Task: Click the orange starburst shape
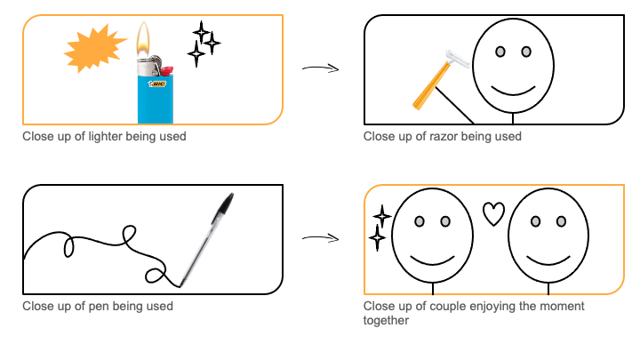point(95,50)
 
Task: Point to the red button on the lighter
point(164,69)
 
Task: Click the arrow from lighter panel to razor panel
point(320,68)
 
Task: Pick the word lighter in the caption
point(95,137)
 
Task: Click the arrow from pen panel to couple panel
point(320,238)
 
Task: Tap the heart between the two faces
point(493,213)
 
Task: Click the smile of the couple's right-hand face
point(548,259)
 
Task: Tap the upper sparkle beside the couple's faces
point(381,216)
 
